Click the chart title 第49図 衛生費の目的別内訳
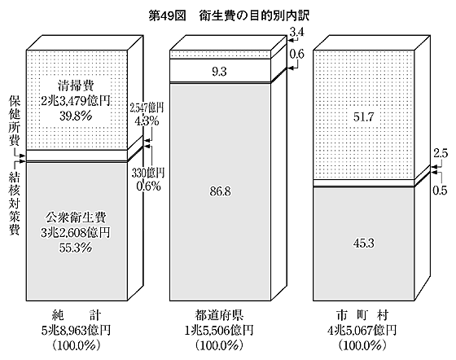pos(229,16)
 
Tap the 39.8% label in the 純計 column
pos(76,116)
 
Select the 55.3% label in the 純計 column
pos(76,248)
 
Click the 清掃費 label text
pos(76,86)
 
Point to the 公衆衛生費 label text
pos(76,217)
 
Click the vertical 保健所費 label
pos(14,121)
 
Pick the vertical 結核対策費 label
pos(15,204)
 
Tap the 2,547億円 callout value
pos(147,108)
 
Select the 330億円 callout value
pos(148,173)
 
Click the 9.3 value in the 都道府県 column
pos(219,71)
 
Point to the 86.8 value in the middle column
pos(220,191)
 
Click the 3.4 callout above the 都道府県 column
pos(297,33)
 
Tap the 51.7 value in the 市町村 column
pos(363,117)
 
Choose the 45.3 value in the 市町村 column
pos(363,244)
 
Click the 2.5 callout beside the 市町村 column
pos(441,154)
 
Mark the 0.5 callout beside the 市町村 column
pos(440,191)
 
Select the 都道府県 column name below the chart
pos(219,315)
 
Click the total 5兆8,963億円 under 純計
pos(76,331)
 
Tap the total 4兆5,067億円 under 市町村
pos(362,331)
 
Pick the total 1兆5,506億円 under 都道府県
pos(219,331)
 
